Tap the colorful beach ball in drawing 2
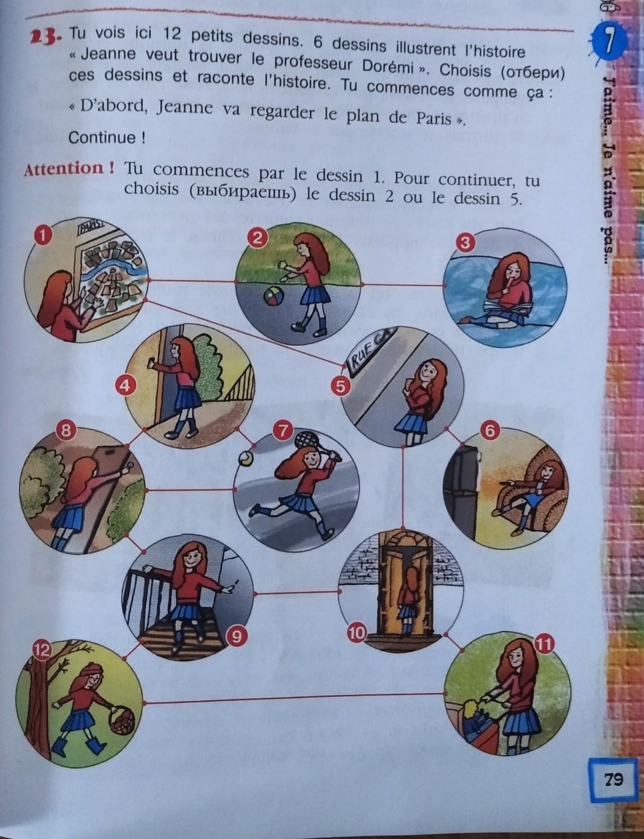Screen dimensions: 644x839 coord(274,297)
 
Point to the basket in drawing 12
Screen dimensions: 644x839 coord(122,719)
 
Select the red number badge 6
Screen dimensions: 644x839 coord(490,430)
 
